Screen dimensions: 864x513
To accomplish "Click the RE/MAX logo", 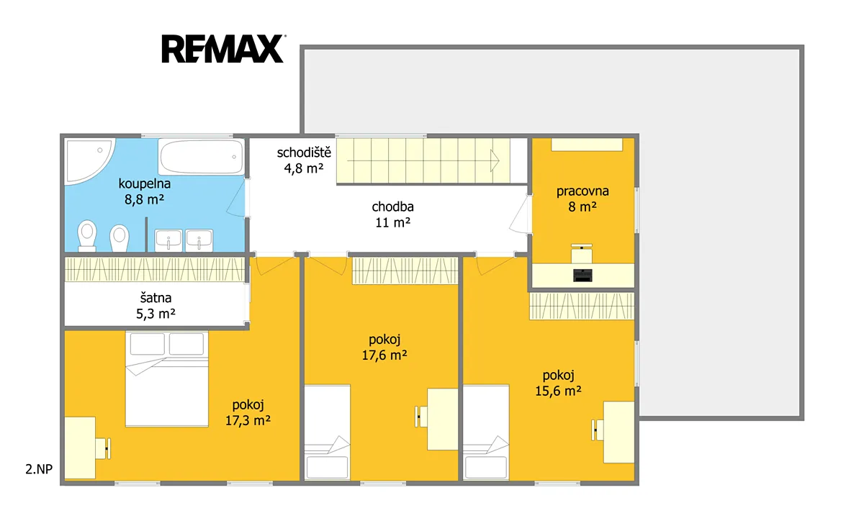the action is (223, 48).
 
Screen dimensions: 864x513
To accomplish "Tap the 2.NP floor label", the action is (39, 469).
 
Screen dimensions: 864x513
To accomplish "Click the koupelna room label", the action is (144, 183).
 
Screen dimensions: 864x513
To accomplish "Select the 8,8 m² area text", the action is (144, 199).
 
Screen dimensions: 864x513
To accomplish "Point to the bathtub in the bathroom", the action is (201, 157).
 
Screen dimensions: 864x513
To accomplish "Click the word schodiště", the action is (304, 153).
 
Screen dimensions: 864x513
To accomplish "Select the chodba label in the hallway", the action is (392, 207).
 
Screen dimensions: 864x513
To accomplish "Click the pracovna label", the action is (582, 191).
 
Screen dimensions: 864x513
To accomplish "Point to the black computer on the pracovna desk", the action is (582, 275).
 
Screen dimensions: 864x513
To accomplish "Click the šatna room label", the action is (156, 298).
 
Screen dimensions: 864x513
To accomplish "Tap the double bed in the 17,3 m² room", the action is (166, 379).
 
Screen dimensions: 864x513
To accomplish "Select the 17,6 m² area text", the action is (384, 355).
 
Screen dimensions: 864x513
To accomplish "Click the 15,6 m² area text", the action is (558, 391).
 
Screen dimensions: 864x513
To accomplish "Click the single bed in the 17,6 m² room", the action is (328, 432).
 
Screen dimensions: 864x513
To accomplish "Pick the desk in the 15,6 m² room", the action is (618, 432).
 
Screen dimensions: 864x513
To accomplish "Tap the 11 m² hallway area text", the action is (392, 223).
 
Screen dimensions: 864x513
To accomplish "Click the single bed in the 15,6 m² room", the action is (486, 432).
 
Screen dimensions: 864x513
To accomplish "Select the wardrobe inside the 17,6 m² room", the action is (405, 271).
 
